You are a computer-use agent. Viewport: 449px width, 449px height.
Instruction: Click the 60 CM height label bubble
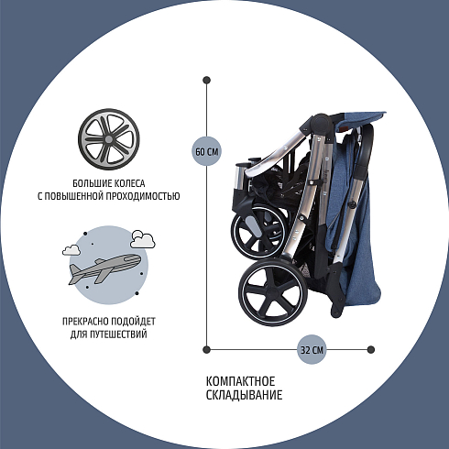(206, 151)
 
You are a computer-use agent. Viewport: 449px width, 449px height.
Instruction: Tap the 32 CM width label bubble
(312, 349)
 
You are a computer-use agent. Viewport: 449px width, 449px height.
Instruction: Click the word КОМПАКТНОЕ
(240, 381)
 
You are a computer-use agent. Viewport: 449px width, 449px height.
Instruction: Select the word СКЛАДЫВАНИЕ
(244, 395)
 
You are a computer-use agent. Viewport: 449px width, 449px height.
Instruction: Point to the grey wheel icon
(109, 139)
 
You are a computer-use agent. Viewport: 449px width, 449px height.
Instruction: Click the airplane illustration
(104, 268)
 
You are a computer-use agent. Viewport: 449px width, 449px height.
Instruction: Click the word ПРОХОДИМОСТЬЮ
(143, 196)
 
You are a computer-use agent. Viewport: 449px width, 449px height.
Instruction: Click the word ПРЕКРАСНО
(85, 322)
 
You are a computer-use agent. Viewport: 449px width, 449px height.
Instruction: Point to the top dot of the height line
(206, 81)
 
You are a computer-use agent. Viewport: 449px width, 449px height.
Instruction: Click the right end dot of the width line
(371, 349)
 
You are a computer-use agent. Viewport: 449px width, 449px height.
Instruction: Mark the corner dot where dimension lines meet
(206, 349)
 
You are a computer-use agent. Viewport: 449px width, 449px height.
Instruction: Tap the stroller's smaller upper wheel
(259, 232)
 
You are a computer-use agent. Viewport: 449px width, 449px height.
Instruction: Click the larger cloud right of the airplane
(143, 239)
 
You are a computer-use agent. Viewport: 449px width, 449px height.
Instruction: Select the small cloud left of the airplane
(71, 250)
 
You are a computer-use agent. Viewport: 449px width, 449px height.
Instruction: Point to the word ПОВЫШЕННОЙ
(74, 196)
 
